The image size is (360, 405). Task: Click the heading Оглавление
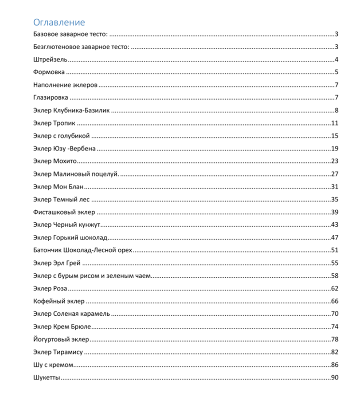pos(59,22)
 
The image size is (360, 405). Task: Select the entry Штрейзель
pos(50,60)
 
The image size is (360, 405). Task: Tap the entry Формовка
pos(49,72)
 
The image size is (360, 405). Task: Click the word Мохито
pos(68,161)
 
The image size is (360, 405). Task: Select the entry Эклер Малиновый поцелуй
pos(76,174)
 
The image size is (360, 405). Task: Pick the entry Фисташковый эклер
pos(64,212)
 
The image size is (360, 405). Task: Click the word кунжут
pos(88,225)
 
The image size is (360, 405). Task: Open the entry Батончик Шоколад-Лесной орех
pos(83,250)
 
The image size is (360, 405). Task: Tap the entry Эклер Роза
pos(50,288)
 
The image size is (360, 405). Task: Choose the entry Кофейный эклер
pos(59,301)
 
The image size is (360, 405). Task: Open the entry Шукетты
pos(47,378)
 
